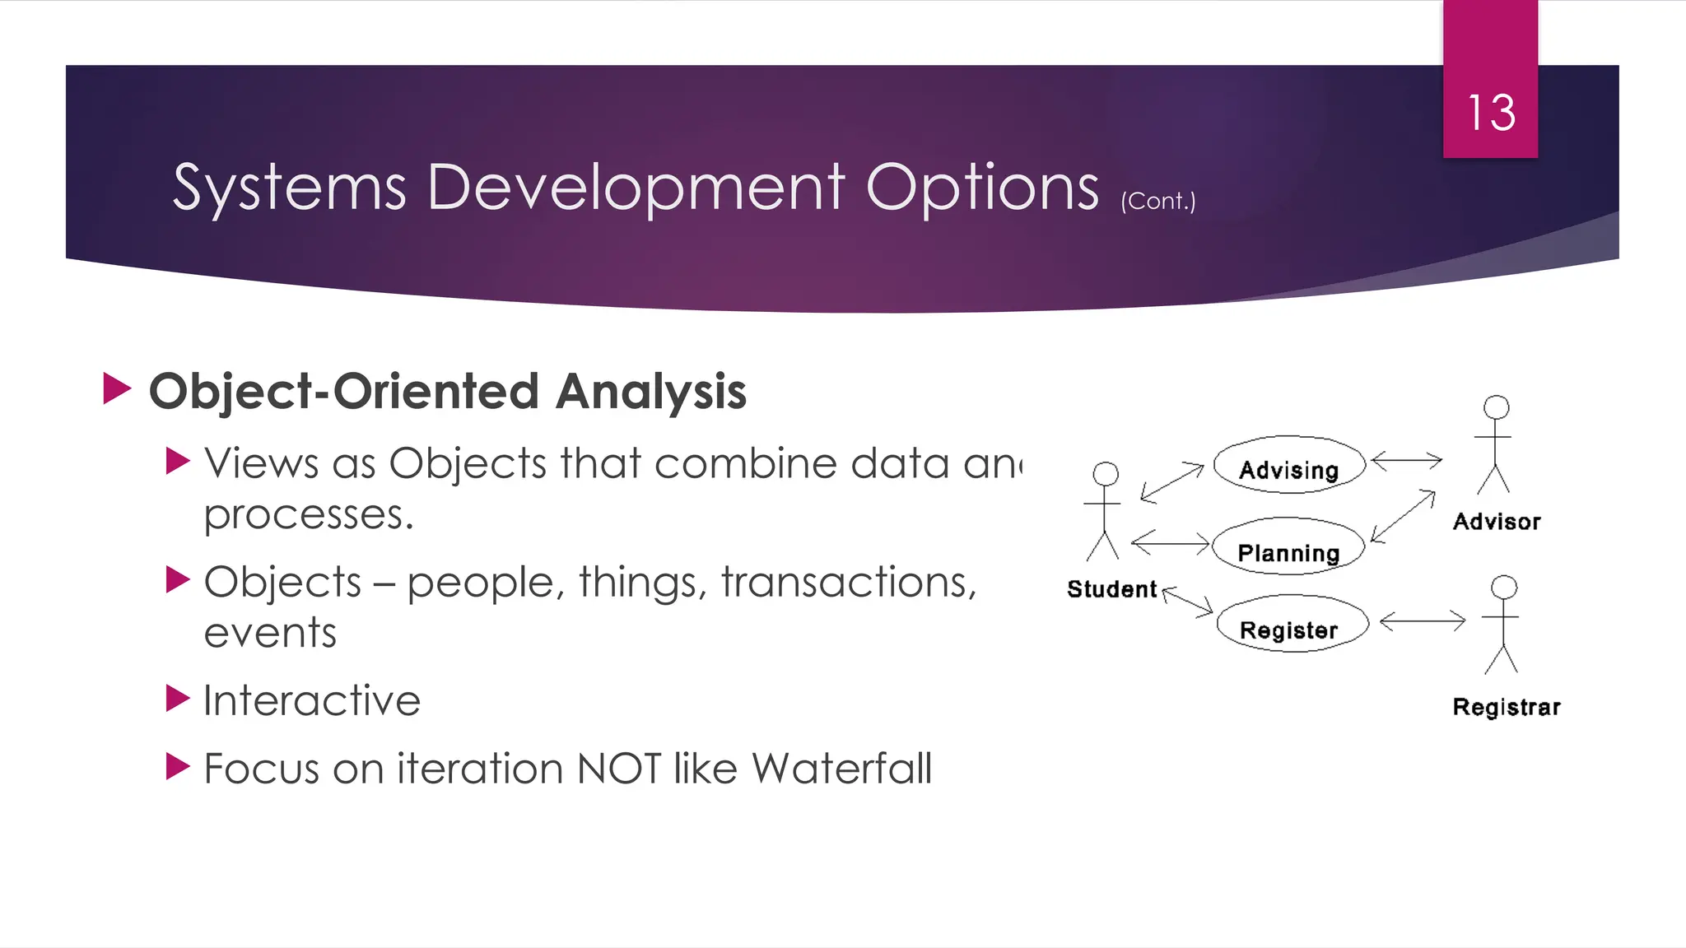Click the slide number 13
(1491, 113)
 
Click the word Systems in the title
(289, 188)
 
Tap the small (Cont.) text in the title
(1157, 201)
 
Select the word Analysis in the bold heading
(650, 392)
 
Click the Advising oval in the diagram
(1288, 467)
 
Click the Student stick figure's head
(1106, 473)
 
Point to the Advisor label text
(1496, 522)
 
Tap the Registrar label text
(1506, 707)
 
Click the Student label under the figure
(1111, 589)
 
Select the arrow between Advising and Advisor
(1407, 460)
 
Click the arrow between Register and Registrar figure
(1423, 620)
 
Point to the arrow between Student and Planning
(1171, 542)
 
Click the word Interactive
(312, 701)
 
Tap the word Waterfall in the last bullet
(841, 769)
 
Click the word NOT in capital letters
(619, 769)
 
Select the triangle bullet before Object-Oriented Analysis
(117, 388)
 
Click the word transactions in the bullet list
(849, 583)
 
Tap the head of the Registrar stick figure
(1504, 587)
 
